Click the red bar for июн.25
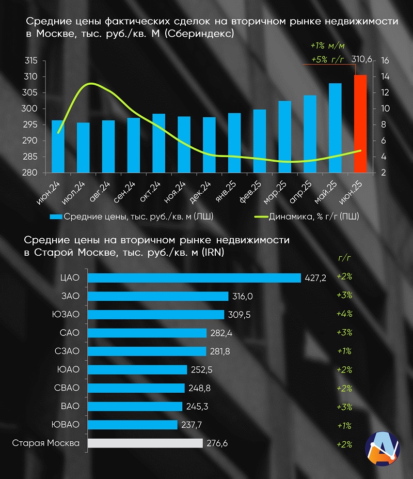(360, 124)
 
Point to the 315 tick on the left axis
(31, 61)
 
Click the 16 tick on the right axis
(385, 61)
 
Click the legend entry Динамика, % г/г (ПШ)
(313, 217)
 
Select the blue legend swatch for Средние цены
(56, 217)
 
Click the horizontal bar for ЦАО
(194, 277)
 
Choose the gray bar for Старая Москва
(145, 443)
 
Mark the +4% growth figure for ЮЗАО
(344, 314)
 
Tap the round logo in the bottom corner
(383, 447)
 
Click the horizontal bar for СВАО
(136, 388)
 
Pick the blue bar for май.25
(335, 128)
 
